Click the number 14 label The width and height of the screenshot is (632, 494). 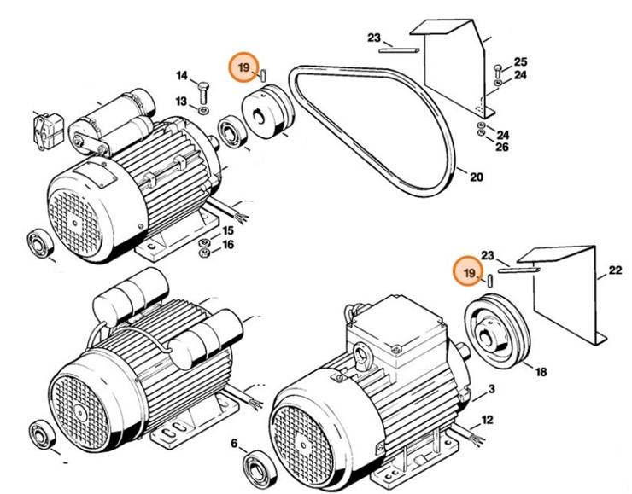tap(181, 76)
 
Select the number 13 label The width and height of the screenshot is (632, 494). tap(181, 102)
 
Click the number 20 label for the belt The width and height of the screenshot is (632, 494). tap(476, 177)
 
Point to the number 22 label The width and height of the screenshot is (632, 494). tap(615, 272)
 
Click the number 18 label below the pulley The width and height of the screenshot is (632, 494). tap(541, 373)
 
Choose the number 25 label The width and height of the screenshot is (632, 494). tap(520, 62)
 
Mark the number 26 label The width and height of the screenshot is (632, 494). tap(502, 148)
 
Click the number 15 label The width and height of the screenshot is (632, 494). tap(228, 230)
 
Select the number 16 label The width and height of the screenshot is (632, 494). tap(228, 245)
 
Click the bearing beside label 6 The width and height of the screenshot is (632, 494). tap(257, 468)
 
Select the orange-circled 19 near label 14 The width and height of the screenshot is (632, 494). tap(243, 67)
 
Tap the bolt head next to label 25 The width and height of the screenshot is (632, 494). tap(498, 67)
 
